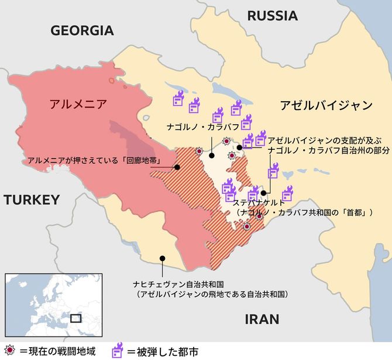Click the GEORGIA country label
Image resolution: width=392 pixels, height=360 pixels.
tap(82, 31)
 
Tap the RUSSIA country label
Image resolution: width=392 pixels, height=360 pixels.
tap(272, 16)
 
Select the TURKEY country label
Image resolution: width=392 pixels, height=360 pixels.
tap(32, 200)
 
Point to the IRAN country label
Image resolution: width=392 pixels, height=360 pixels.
tap(262, 319)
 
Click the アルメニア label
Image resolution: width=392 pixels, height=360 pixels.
tap(78, 104)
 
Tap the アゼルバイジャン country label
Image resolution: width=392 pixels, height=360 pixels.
tap(325, 106)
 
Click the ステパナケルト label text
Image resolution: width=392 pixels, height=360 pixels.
tap(259, 203)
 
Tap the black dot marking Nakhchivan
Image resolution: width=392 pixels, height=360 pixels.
tap(162, 258)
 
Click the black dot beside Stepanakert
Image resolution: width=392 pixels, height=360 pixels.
tap(264, 193)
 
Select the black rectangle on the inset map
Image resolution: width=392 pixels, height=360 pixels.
tap(75, 318)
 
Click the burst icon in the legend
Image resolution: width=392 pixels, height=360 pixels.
tap(8, 351)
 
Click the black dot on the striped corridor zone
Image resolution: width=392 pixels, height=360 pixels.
tap(177, 167)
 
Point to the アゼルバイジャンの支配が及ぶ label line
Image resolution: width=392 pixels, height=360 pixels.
tap(315, 140)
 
